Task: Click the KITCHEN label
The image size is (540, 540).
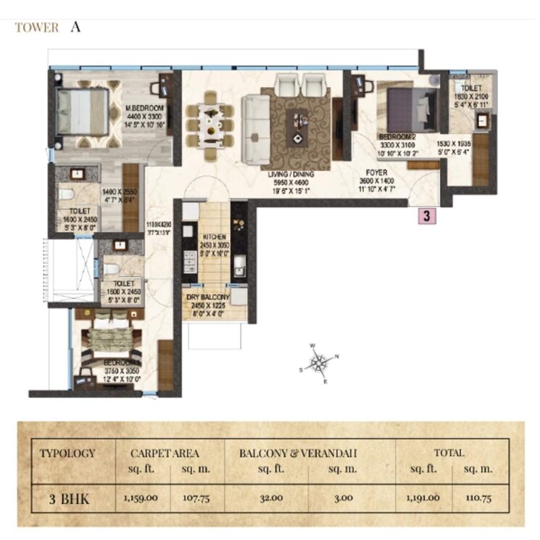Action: point(214,237)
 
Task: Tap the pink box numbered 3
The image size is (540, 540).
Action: point(428,216)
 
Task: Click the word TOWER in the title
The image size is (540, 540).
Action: point(36,28)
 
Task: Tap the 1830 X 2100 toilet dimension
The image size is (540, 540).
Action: point(471,97)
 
